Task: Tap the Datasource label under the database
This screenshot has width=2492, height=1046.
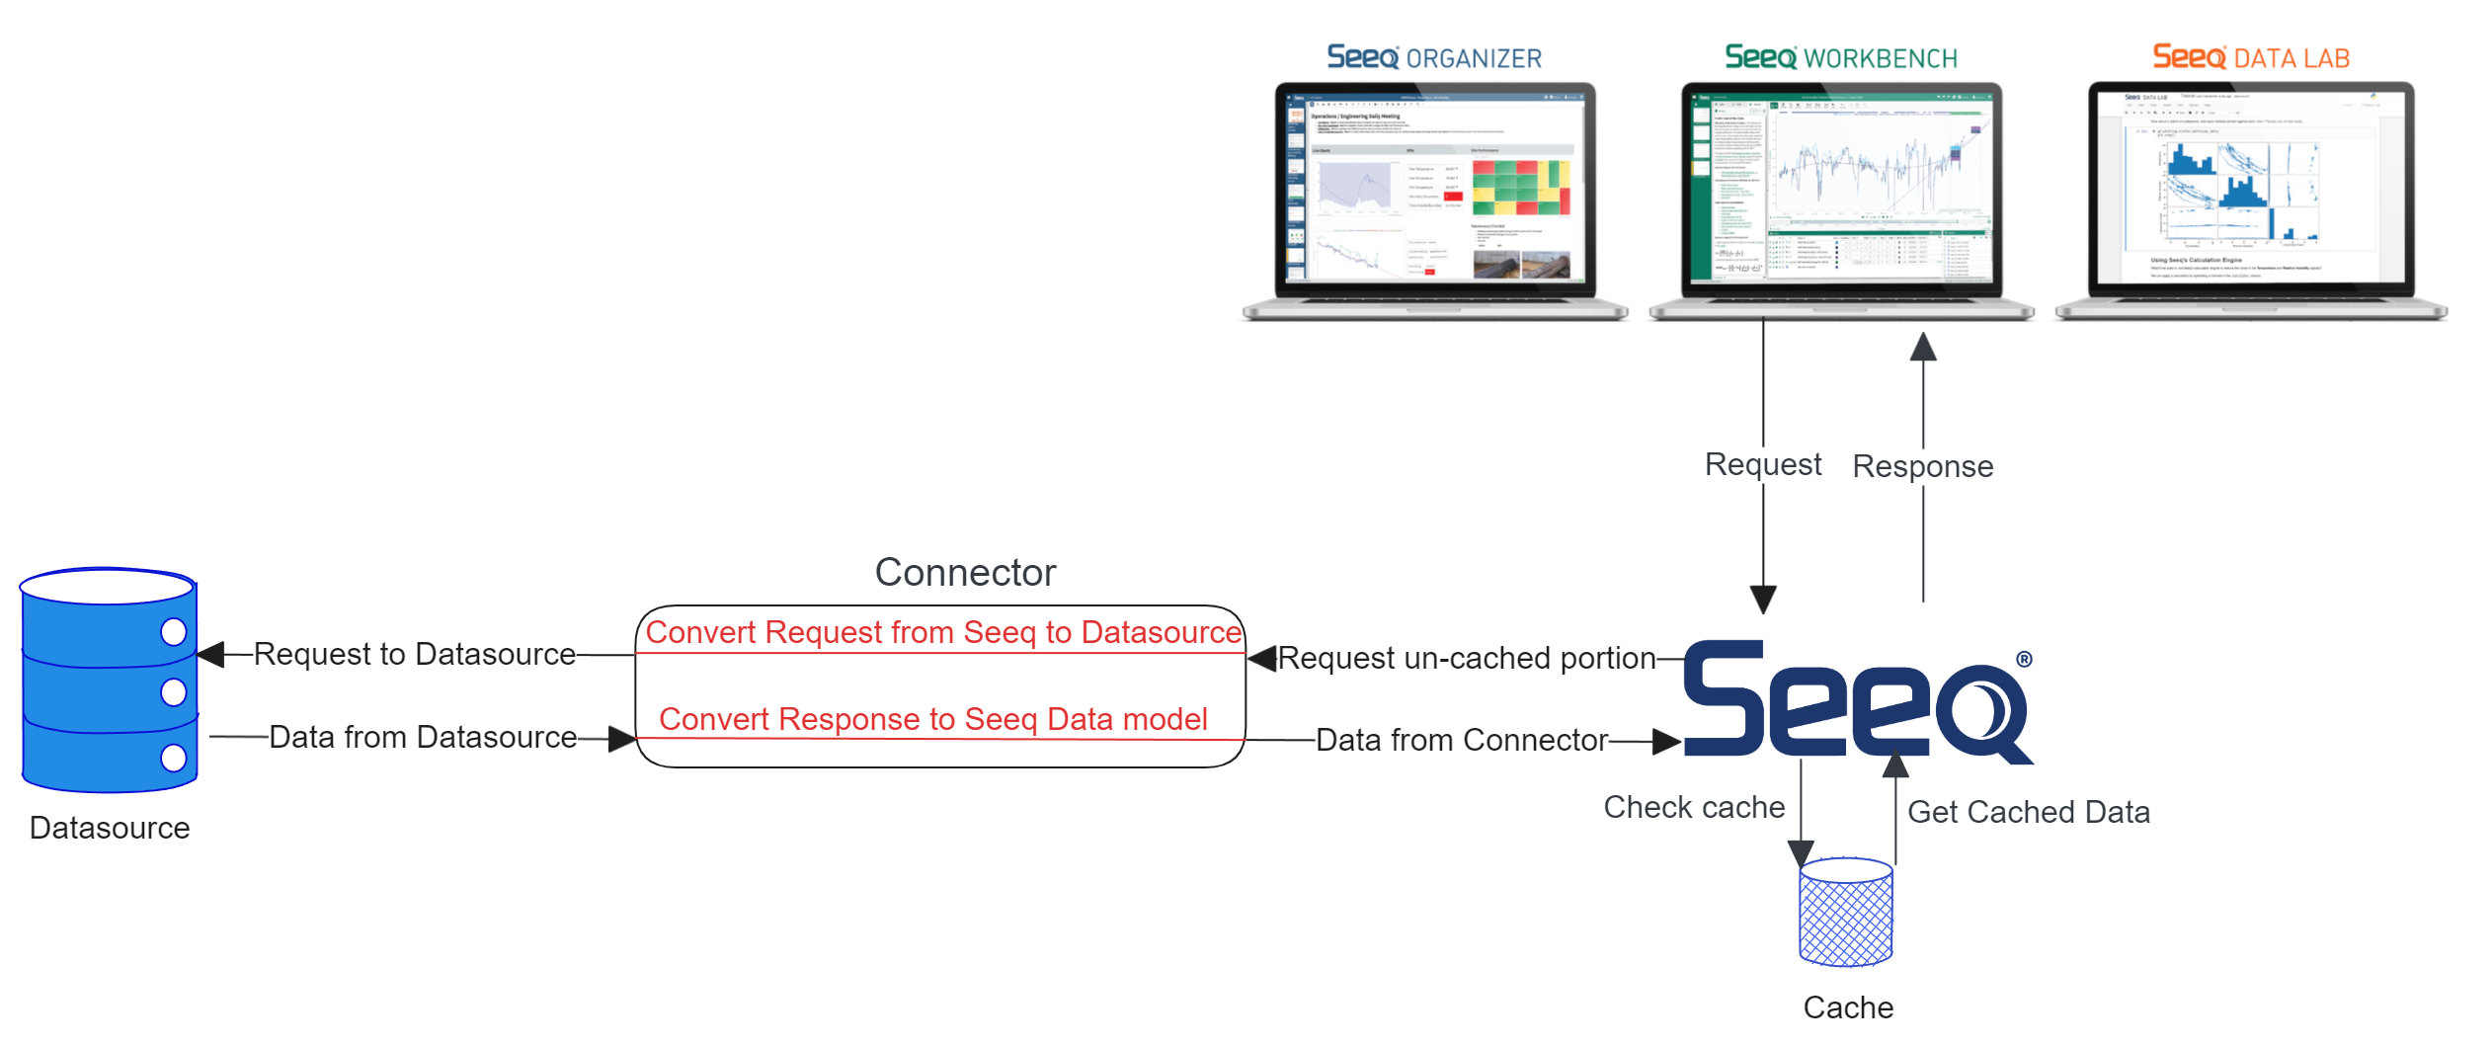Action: point(110,828)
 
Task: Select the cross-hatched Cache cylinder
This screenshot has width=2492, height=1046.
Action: point(1846,913)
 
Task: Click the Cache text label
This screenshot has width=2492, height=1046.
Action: point(1848,1007)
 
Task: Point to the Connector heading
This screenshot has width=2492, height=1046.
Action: point(965,573)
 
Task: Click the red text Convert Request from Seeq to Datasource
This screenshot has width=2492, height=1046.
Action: point(943,632)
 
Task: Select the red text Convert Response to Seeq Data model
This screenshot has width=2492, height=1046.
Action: point(932,719)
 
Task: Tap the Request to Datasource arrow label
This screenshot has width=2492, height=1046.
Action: point(414,654)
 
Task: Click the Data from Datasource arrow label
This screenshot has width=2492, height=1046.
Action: point(422,737)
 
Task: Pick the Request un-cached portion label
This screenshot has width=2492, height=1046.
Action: point(1467,658)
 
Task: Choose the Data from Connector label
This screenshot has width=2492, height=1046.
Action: point(1462,740)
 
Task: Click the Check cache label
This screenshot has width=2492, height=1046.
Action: point(1694,807)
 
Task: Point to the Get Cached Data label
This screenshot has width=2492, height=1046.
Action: point(2028,812)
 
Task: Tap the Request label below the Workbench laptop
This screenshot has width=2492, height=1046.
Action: point(1763,464)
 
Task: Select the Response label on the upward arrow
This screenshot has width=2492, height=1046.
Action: point(1922,466)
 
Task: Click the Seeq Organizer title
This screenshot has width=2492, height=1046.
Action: point(1434,58)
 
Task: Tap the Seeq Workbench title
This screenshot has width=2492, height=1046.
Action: point(1840,58)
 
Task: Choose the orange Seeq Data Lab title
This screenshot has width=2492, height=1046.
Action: point(2251,58)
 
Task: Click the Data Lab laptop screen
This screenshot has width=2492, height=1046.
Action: point(2251,188)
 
